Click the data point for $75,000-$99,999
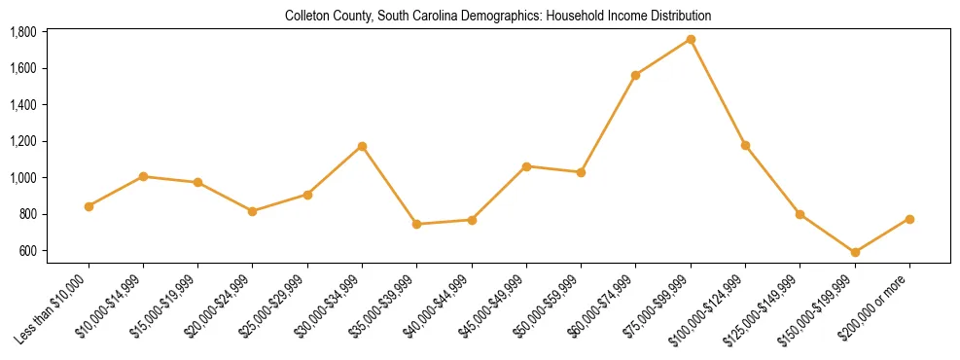(691, 39)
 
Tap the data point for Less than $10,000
(89, 206)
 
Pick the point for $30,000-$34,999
(362, 146)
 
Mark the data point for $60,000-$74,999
(635, 75)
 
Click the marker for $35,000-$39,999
(416, 224)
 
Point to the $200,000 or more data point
(909, 219)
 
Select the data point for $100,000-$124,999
(745, 145)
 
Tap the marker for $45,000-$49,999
(526, 166)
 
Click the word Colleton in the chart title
(305, 17)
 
